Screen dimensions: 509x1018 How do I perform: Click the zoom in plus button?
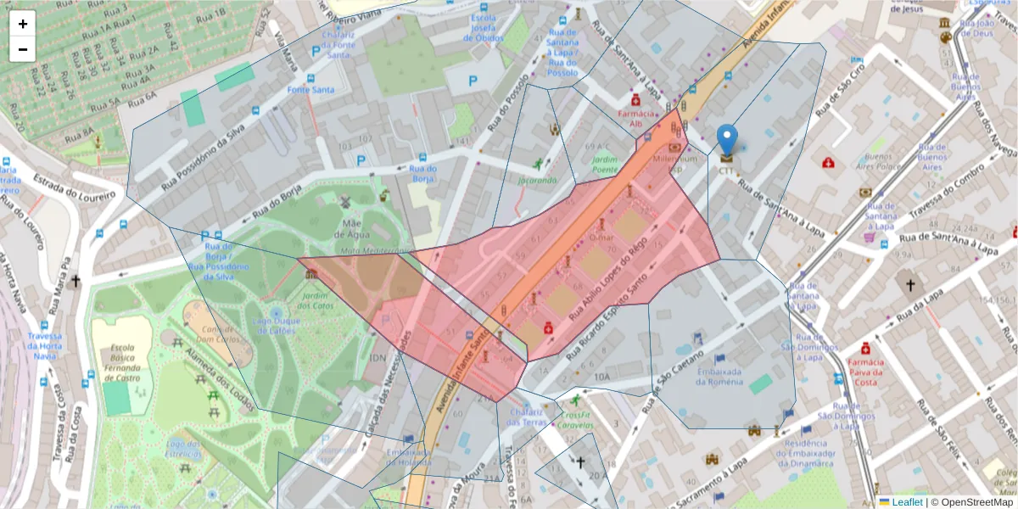(23, 24)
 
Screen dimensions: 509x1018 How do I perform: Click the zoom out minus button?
(23, 49)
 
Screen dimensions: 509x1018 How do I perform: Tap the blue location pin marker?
(727, 141)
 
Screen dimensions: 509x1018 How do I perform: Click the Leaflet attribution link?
(900, 501)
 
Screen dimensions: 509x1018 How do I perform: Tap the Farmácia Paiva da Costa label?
(865, 372)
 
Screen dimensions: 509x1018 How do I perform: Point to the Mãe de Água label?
(354, 228)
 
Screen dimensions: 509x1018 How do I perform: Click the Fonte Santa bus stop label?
(310, 89)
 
